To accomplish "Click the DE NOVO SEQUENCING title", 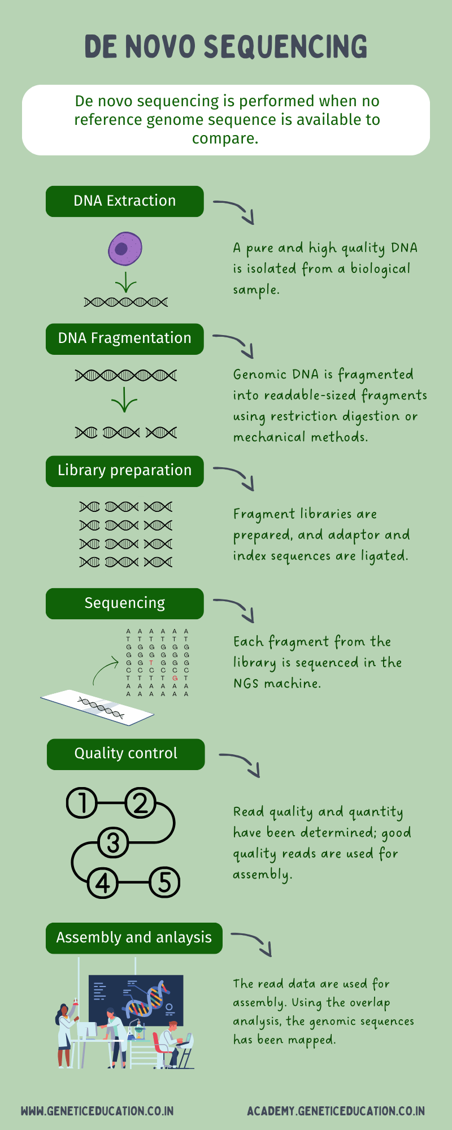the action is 226,46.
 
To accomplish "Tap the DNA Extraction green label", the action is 124,201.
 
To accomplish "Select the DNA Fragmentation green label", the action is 124,338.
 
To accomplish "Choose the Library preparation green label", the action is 124,471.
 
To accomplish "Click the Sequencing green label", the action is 124,603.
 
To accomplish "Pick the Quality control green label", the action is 125,754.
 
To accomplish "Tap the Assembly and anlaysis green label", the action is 134,938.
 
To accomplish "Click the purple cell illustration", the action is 125,249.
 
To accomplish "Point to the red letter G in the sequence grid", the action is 175,678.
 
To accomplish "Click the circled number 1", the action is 82,803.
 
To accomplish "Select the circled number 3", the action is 113,842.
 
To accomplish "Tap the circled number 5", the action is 164,882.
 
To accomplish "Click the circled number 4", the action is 102,882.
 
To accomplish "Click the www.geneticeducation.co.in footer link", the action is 97,1111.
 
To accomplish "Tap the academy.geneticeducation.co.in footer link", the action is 336,1111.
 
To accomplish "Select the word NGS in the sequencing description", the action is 246,684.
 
